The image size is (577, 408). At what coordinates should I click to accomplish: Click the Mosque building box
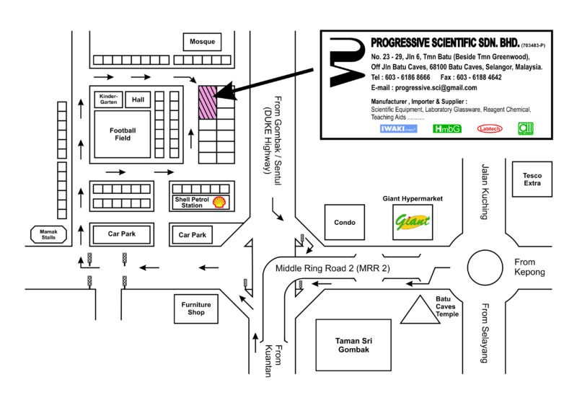pyautogui.click(x=203, y=42)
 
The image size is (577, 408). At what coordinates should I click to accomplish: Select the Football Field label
pyautogui.click(x=123, y=133)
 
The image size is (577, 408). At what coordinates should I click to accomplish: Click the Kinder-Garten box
pyautogui.click(x=108, y=99)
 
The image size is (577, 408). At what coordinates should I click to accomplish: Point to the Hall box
pyautogui.click(x=136, y=99)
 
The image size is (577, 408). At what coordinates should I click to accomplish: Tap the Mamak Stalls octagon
pyautogui.click(x=48, y=234)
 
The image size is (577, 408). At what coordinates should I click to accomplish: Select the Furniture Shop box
pyautogui.click(x=196, y=309)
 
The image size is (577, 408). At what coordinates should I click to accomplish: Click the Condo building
pyautogui.click(x=345, y=223)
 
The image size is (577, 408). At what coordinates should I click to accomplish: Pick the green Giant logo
pyautogui.click(x=413, y=222)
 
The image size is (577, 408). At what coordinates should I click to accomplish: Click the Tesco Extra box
pyautogui.click(x=532, y=179)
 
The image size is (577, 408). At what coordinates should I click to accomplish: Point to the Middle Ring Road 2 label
pyautogui.click(x=332, y=268)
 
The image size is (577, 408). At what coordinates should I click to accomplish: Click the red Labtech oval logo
pyautogui.click(x=490, y=129)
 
